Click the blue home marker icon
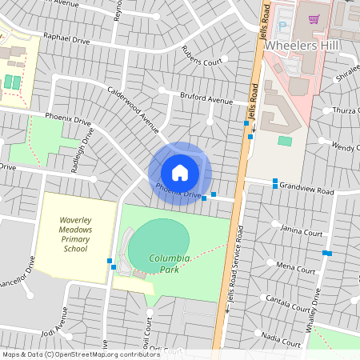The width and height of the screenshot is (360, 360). click(x=180, y=172)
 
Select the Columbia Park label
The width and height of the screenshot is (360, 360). click(x=170, y=264)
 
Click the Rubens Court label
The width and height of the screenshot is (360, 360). click(x=201, y=62)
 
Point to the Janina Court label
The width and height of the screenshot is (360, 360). click(x=302, y=233)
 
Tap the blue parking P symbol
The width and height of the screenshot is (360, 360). click(x=282, y=26)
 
